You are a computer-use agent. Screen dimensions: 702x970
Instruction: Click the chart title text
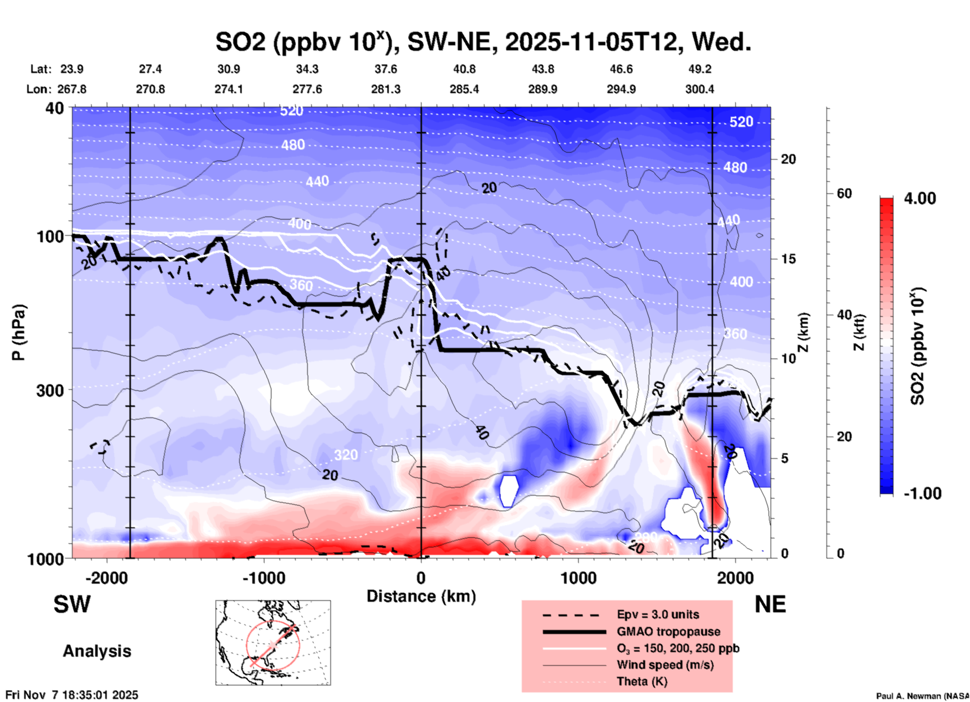point(483,42)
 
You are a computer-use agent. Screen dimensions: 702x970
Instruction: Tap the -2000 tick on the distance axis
point(106,578)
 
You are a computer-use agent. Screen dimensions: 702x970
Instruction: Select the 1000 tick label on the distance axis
point(578,578)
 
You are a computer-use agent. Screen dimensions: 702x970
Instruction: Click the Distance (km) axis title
point(421,596)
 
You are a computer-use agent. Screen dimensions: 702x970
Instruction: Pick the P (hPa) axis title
point(19,332)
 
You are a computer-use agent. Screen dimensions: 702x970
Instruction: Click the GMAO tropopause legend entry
point(668,631)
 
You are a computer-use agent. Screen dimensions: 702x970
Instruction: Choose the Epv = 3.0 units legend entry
point(658,615)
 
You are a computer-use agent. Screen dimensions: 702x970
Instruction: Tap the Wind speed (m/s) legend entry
point(665,665)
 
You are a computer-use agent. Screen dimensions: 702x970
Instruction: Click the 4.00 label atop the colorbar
point(920,198)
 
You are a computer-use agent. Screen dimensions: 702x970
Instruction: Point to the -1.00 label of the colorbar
point(922,494)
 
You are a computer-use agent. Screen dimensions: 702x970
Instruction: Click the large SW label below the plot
point(72,604)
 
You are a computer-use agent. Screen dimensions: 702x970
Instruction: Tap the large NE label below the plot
point(770,604)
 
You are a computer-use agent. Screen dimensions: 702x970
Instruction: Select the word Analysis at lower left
point(97,651)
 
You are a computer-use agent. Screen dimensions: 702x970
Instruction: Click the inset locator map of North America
point(273,643)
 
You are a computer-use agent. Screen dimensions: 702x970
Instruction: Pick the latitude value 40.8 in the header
point(464,69)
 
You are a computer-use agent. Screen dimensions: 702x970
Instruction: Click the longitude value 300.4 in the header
point(700,89)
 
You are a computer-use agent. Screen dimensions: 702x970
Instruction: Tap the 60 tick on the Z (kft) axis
point(844,193)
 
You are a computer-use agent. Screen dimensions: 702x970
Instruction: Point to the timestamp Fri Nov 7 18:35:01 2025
point(72,695)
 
